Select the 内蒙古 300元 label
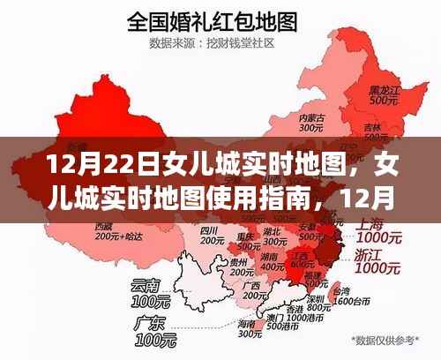(313, 123)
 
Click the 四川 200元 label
(209, 234)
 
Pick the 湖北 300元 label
(273, 236)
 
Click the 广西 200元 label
(258, 289)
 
